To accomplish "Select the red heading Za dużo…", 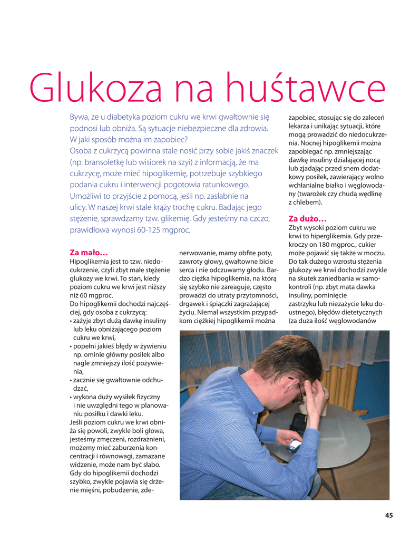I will pos(307,218).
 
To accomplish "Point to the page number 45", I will pos(389,515).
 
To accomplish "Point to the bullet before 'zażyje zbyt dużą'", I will pos(71,321).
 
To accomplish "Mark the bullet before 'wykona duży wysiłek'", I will pos(71,397).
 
